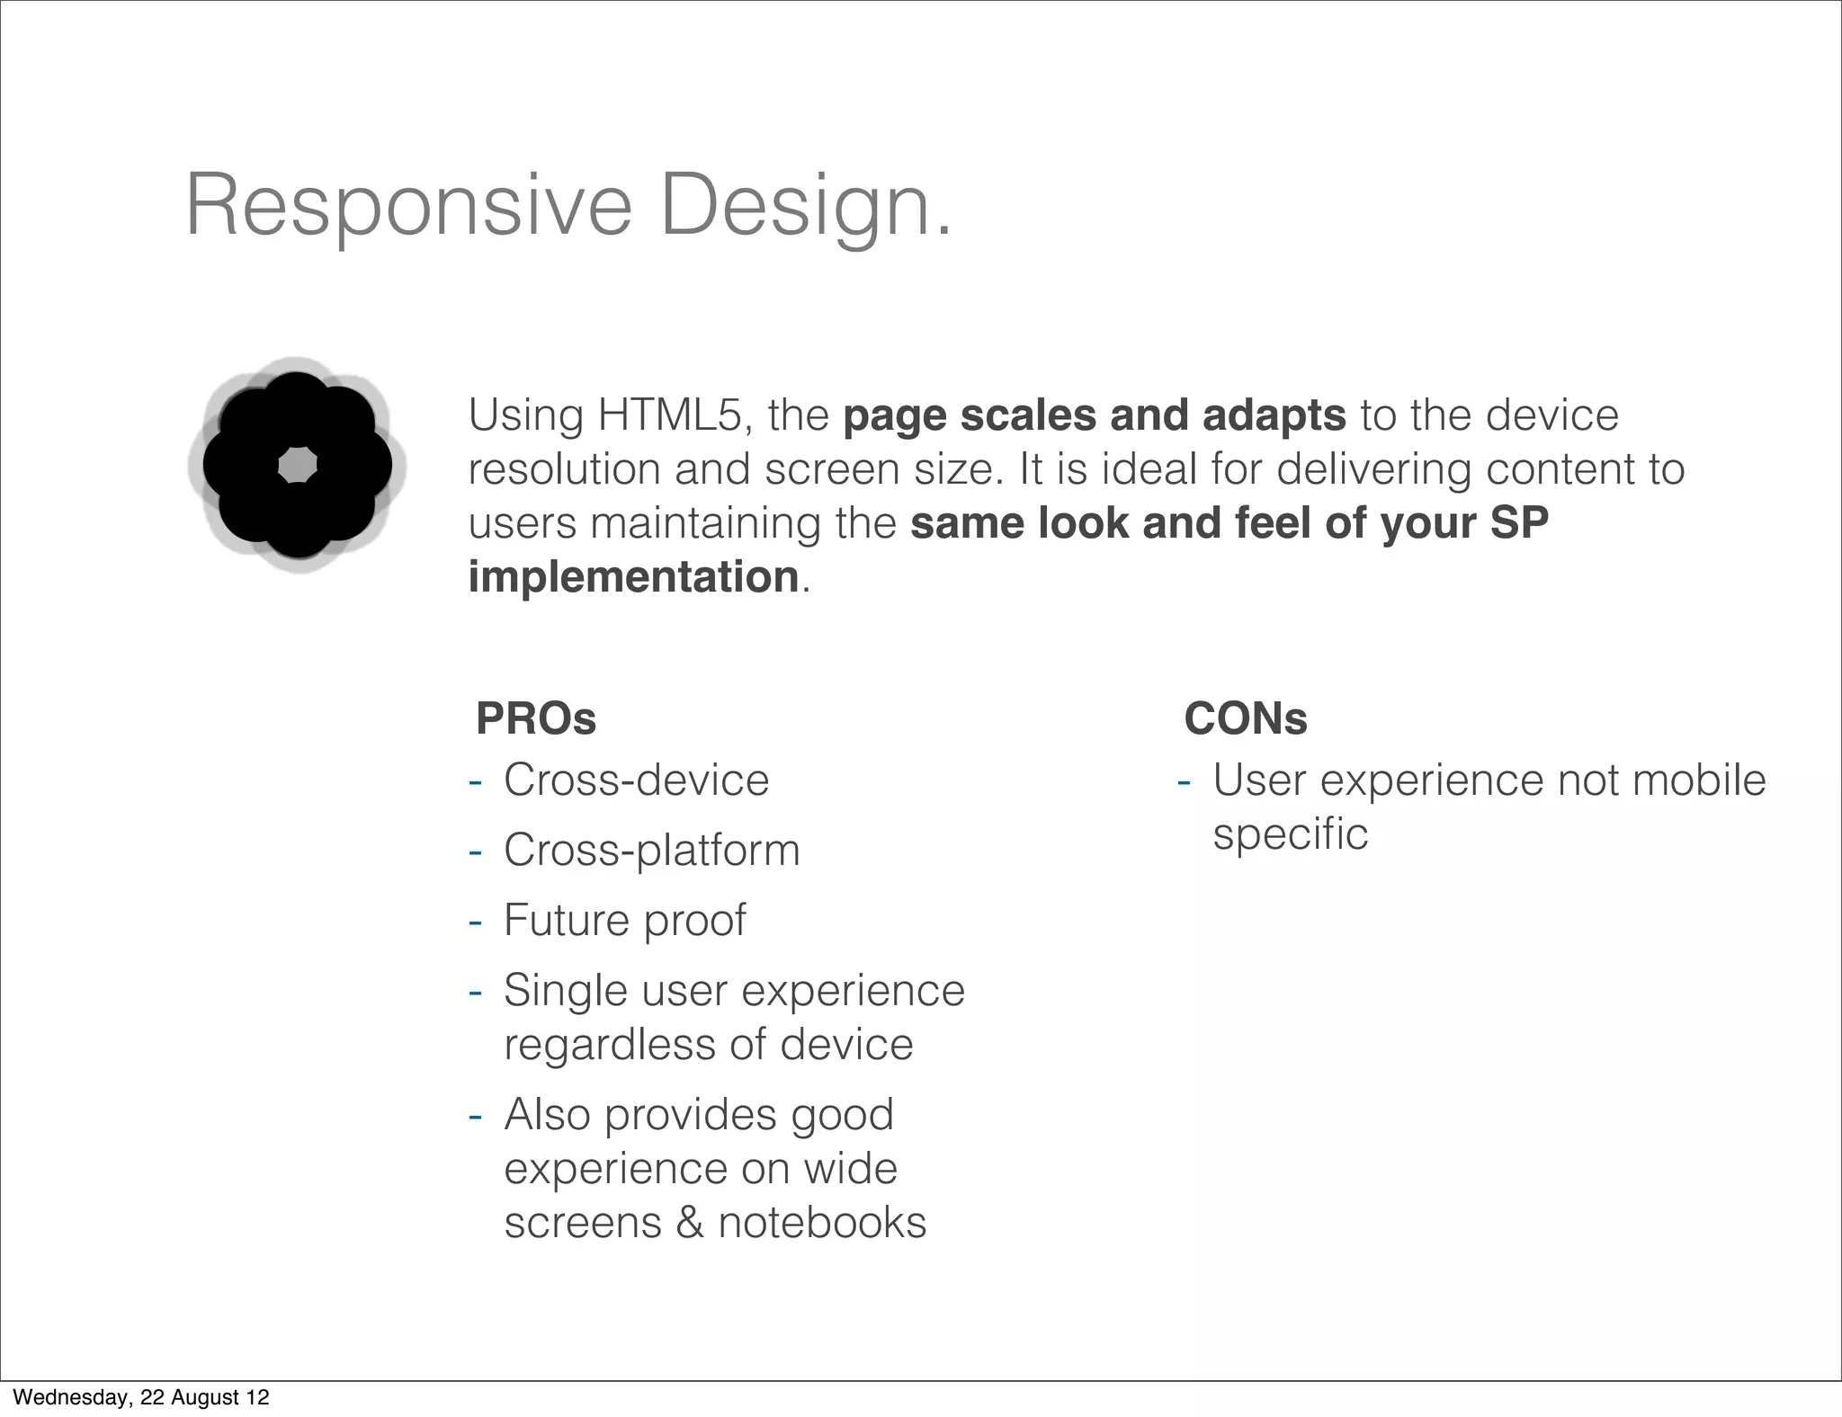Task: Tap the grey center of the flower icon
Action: tap(297, 466)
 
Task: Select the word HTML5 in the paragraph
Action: tap(668, 415)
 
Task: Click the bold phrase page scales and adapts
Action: tap(1094, 415)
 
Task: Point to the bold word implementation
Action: tap(633, 577)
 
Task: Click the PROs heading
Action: tap(536, 718)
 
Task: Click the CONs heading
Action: tap(1245, 718)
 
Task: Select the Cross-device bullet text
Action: tap(636, 780)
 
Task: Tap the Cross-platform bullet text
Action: tap(651, 850)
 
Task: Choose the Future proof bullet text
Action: tap(624, 920)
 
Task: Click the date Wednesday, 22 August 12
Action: tap(141, 1397)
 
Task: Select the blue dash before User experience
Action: tap(1184, 780)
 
